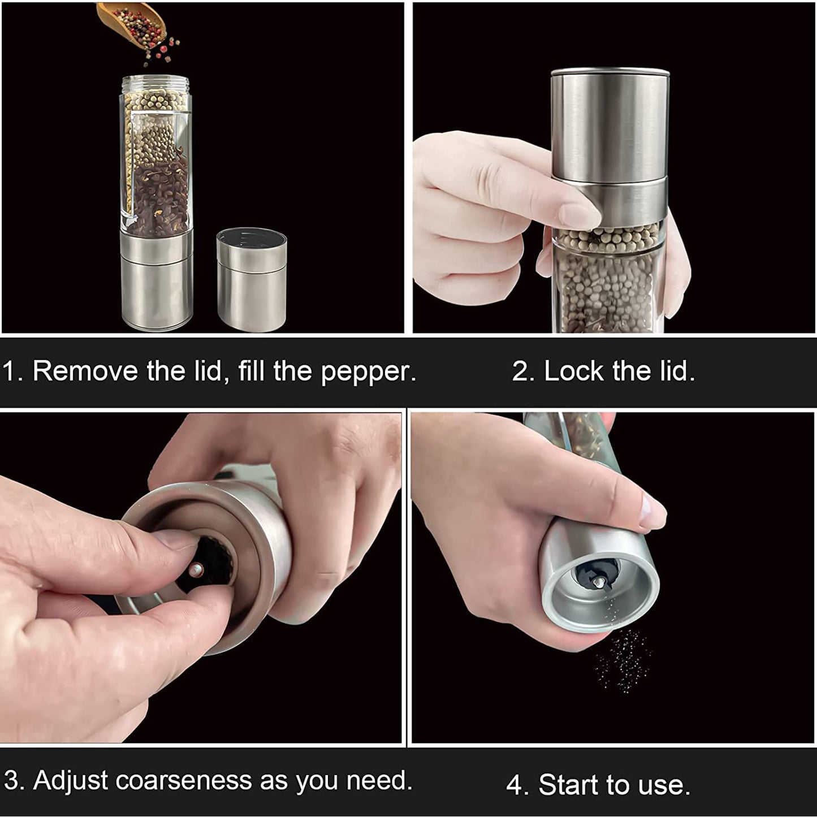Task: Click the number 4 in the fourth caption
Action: point(515,785)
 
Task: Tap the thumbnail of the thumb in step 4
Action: point(653,512)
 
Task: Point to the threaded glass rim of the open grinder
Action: point(155,83)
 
